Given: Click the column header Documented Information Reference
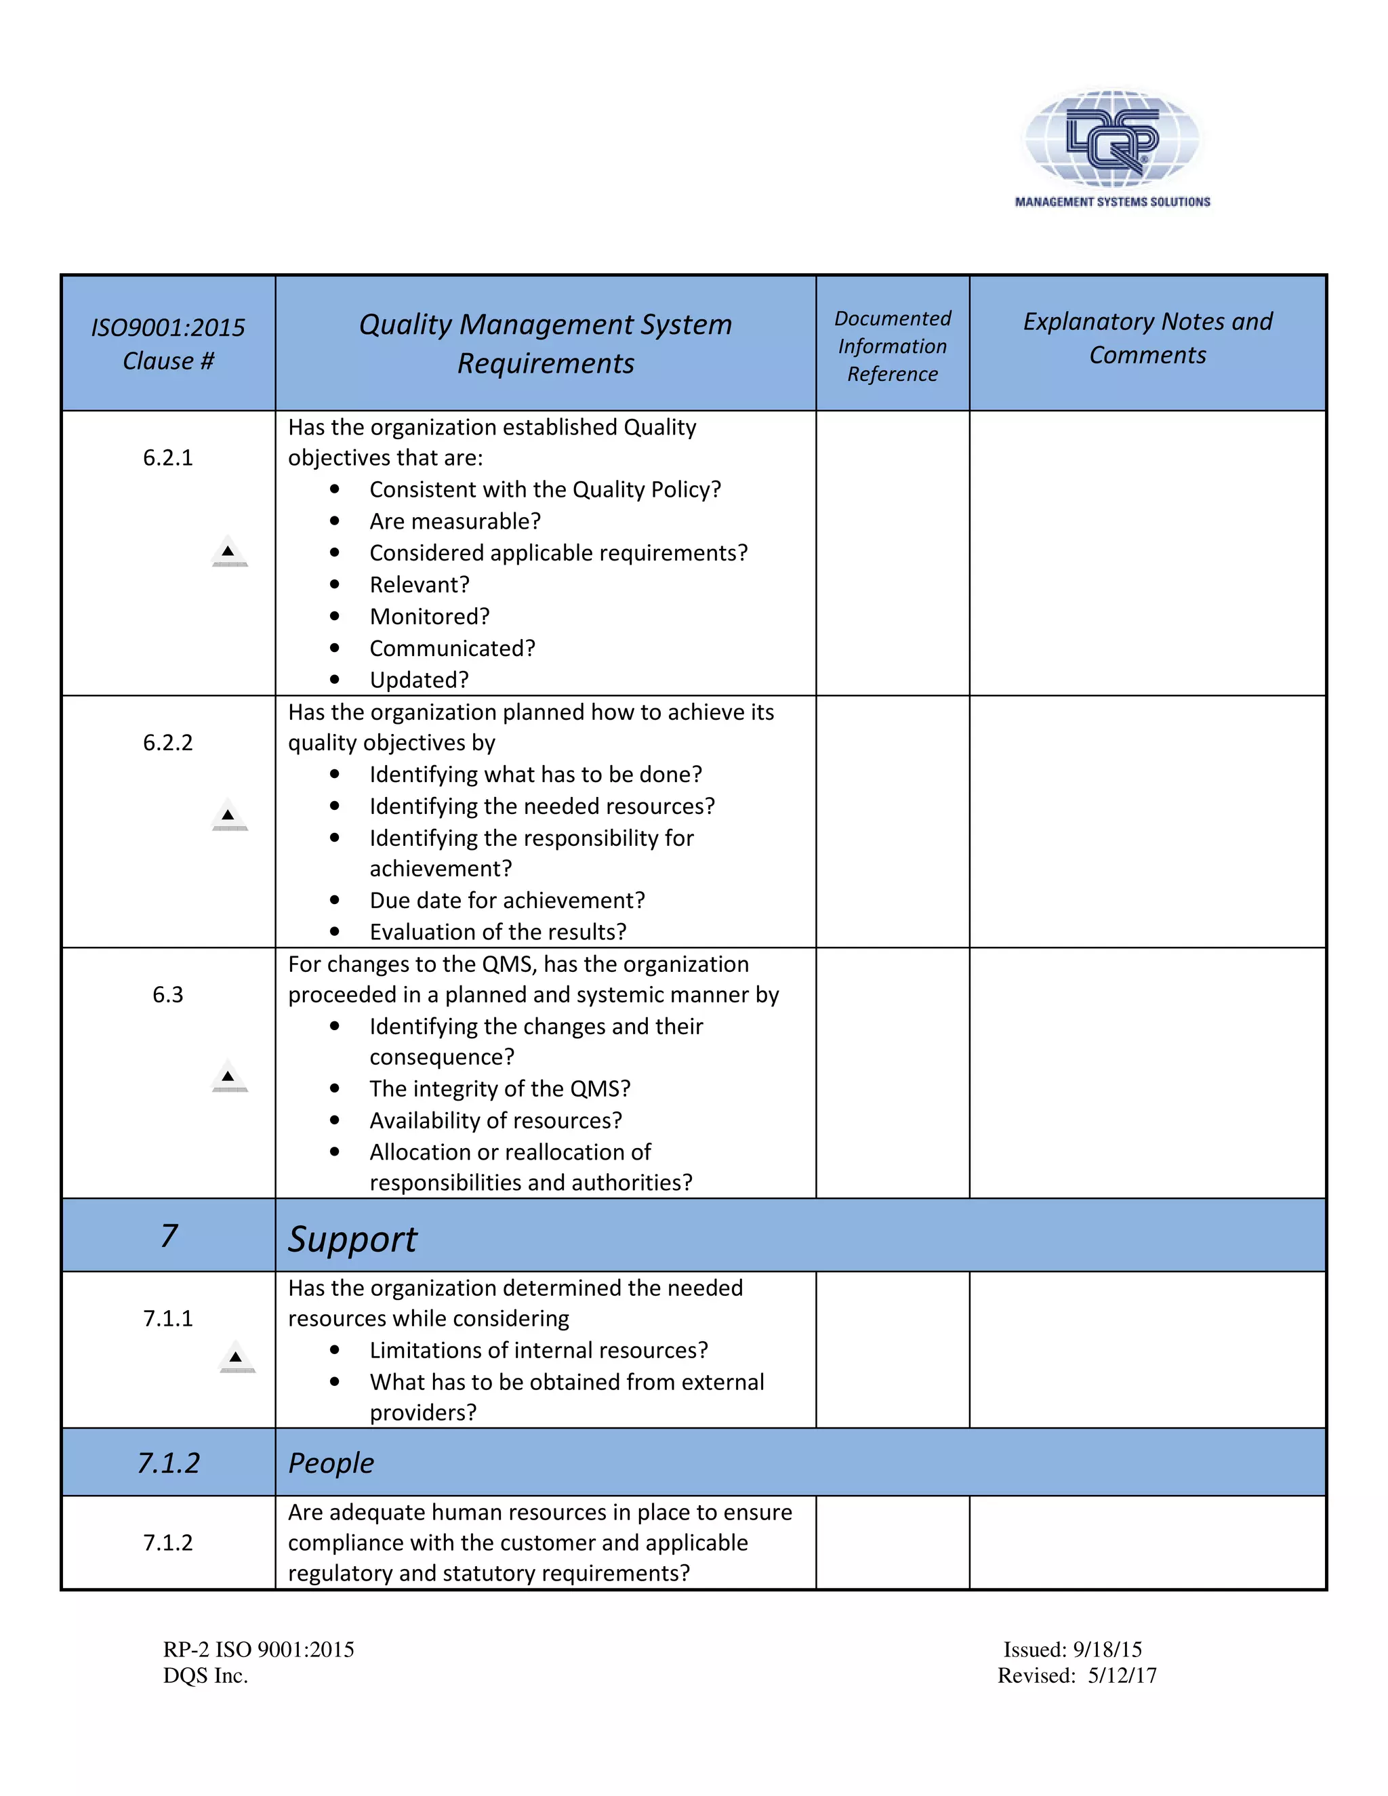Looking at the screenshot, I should tap(892, 346).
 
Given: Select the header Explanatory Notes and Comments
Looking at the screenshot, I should tap(1147, 338).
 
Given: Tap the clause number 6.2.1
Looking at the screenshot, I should tap(168, 458).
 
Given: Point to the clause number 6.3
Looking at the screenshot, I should tap(168, 995).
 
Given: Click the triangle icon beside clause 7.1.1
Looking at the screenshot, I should tap(237, 1357).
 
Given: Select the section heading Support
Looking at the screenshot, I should tap(352, 1238).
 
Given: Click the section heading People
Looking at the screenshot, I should tap(331, 1463).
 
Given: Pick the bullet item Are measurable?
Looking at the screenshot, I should tap(455, 521).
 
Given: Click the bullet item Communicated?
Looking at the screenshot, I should tap(452, 649).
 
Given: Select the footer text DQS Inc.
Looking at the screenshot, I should tap(205, 1676).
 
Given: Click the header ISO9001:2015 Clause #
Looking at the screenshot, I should tap(168, 344).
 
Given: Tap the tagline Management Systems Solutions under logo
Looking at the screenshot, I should tap(1111, 202).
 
